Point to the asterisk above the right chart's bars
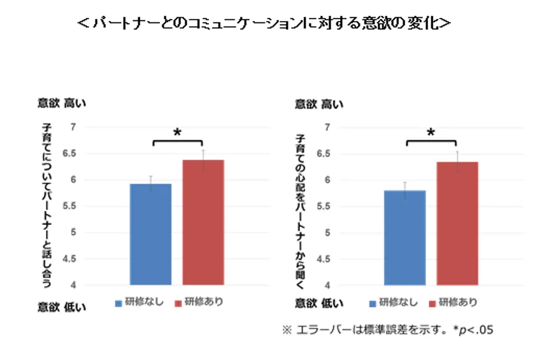(x=431, y=133)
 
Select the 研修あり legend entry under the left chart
(x=199, y=303)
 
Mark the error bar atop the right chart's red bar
(x=457, y=161)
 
